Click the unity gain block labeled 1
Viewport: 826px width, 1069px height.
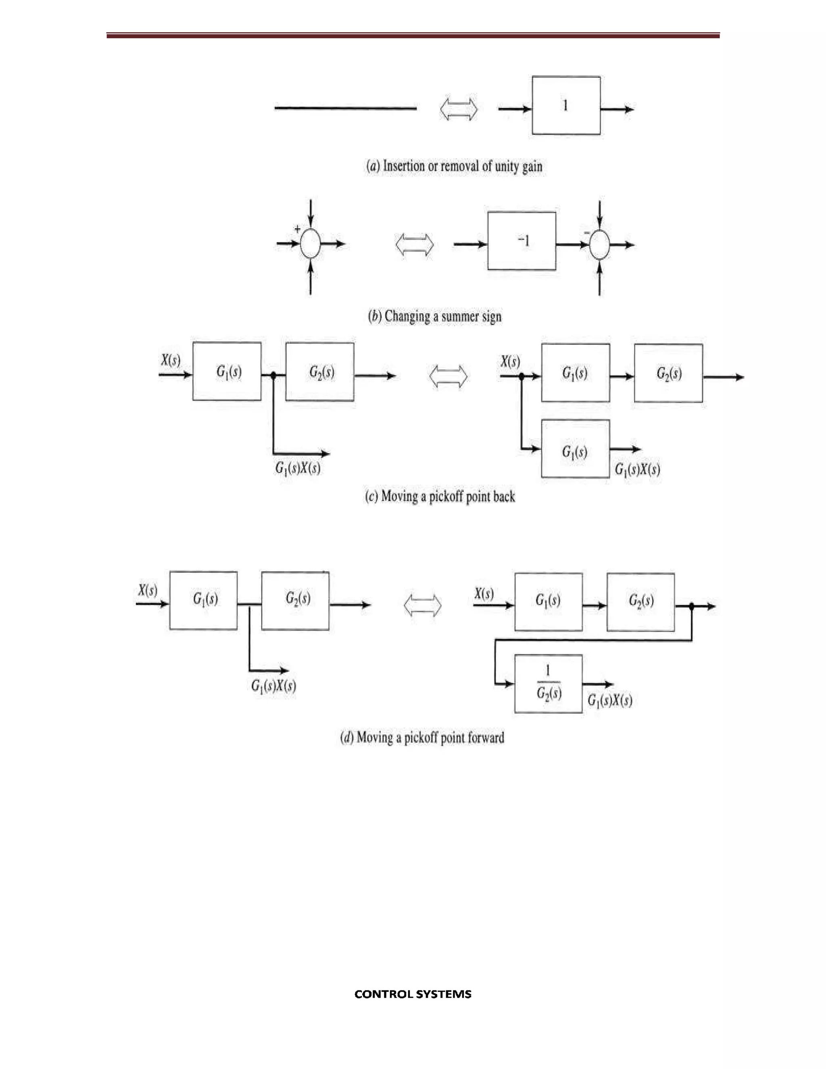[x=566, y=105]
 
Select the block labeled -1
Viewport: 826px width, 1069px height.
[x=521, y=241]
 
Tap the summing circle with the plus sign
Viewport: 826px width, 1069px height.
[x=310, y=243]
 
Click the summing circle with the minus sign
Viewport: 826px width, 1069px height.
[x=599, y=245]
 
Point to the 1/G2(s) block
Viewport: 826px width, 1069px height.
[x=549, y=684]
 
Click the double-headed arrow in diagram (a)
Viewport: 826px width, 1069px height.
[x=459, y=109]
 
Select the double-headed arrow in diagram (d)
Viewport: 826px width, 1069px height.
[x=422, y=605]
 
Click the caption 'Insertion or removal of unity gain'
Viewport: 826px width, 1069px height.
[x=454, y=167]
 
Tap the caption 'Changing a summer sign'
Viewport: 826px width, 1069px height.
[x=434, y=316]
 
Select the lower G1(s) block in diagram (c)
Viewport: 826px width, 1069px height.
[x=576, y=449]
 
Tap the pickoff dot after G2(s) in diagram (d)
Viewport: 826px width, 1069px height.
[x=691, y=606]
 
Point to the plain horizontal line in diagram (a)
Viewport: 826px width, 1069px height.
[x=346, y=108]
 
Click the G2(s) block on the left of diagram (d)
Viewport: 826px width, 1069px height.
[x=295, y=601]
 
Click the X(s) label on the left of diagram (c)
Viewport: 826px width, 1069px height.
[x=170, y=361]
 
